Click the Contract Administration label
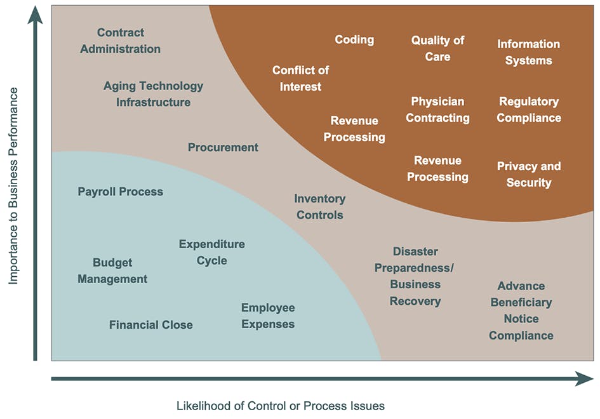point(121,41)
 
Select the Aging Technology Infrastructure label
point(153,94)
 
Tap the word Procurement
point(223,147)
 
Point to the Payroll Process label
point(120,192)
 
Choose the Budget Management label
point(112,270)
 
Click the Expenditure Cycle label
point(211,252)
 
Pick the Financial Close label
point(150,325)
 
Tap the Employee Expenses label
point(267,316)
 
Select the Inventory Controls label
point(319,207)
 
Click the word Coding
point(354,39)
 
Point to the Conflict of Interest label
point(300,78)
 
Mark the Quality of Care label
point(437,48)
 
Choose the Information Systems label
point(528,52)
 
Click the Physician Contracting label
point(437,109)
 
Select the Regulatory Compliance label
point(528,109)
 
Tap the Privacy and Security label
point(528,175)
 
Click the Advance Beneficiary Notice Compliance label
point(521,310)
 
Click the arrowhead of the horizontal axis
point(584,379)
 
